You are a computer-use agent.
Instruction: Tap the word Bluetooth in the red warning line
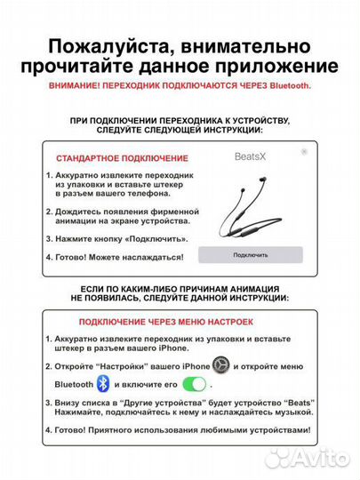pyautogui.click(x=285, y=85)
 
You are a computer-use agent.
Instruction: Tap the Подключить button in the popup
pyautogui.click(x=250, y=254)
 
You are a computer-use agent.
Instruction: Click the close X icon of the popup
pyautogui.click(x=304, y=152)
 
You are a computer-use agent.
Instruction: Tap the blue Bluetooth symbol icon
pyautogui.click(x=103, y=384)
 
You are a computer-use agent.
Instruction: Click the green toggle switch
pyautogui.click(x=194, y=384)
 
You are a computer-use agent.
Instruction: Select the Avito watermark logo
pyautogui.click(x=308, y=458)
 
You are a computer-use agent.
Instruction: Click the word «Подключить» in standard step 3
pyautogui.click(x=158, y=239)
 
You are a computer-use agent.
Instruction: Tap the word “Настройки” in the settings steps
pyautogui.click(x=135, y=365)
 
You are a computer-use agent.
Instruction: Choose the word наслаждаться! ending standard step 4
pyautogui.click(x=154, y=256)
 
